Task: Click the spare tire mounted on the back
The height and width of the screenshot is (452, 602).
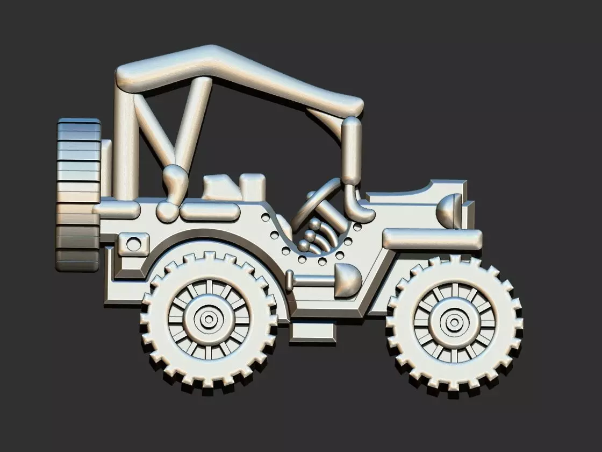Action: coord(78,194)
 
